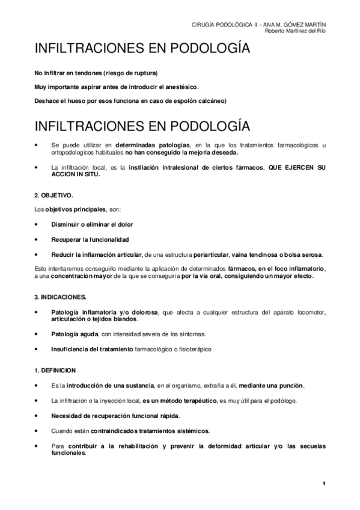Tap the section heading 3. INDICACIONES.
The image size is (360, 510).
click(x=60, y=297)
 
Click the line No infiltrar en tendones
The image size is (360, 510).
click(x=96, y=73)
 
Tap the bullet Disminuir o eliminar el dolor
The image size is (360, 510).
click(x=92, y=224)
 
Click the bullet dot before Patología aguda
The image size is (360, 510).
click(x=38, y=334)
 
